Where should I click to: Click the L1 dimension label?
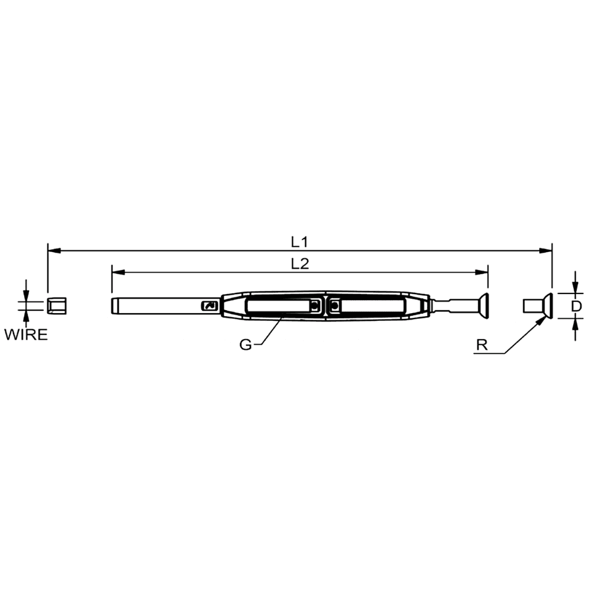tap(299, 242)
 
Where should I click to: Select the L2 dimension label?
tap(300, 264)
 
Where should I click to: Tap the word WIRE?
tap(26, 334)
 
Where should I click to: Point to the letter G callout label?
tap(246, 345)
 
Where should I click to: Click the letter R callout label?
tap(482, 345)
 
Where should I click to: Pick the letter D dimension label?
tap(576, 306)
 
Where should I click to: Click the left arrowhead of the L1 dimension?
tap(54, 250)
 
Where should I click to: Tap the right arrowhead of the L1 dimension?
tap(546, 250)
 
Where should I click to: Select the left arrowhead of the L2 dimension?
tap(119, 272)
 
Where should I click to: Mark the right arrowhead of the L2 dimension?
tap(482, 272)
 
